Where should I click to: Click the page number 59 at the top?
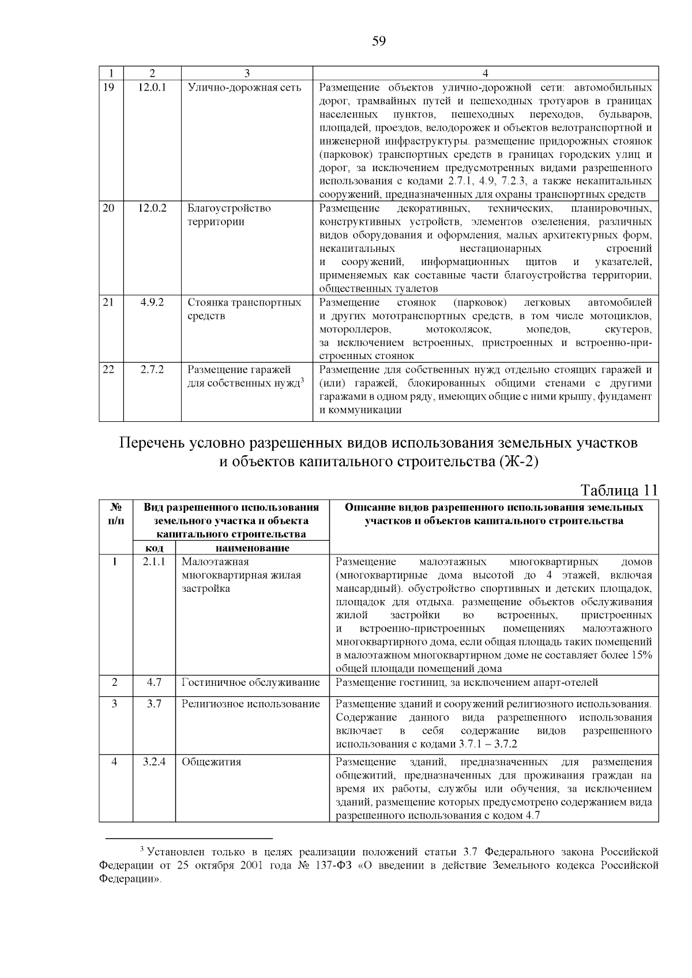tap(379, 41)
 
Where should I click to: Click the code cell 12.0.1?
tap(152, 88)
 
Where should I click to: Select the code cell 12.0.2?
tap(152, 209)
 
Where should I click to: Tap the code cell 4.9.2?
tap(152, 303)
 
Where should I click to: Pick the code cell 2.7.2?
tap(152, 370)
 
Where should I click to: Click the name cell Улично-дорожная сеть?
tap(245, 88)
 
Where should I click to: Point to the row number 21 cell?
tap(108, 303)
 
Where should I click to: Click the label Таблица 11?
tap(619, 490)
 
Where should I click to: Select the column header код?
tap(153, 548)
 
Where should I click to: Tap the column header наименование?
tap(252, 548)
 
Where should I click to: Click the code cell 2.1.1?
tap(154, 562)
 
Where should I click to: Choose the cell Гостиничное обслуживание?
tap(251, 683)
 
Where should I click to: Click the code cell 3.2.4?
tap(154, 762)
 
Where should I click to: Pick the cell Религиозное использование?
tap(251, 704)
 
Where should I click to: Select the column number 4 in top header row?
tap(486, 73)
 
